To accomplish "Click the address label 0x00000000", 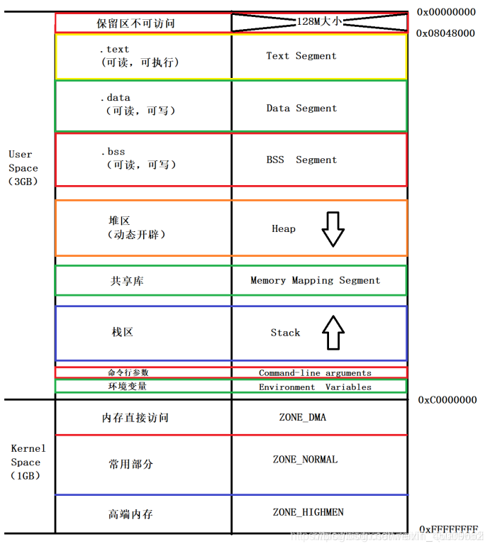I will coord(446,12).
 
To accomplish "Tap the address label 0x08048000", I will coord(446,33).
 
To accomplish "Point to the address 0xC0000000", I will coord(447,400).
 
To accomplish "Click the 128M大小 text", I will coord(319,22).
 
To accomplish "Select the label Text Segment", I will coord(301,55).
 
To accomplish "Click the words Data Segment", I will coord(301,108).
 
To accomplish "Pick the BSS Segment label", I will coord(301,160).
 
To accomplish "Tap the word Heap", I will coord(284,228).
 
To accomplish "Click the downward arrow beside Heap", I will coord(333,228).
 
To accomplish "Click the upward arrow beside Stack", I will coord(333,333).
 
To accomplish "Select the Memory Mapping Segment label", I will coord(315,280).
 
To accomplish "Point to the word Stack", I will coord(285,332).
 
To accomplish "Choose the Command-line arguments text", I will coord(315,372).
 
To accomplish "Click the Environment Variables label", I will coord(315,387).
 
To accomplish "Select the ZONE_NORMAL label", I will coord(305,460).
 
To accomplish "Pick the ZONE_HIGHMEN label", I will coord(308,512).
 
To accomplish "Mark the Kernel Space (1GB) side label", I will coord(28,462).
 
